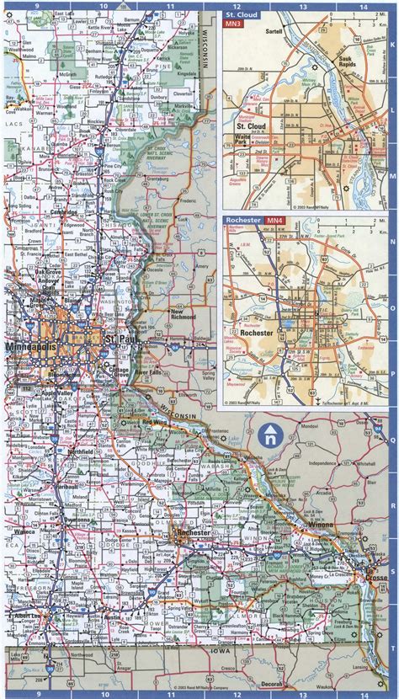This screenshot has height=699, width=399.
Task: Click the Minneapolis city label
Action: [29, 347]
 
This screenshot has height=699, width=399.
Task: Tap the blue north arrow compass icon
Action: [270, 435]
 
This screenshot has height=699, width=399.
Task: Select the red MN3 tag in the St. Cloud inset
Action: [232, 26]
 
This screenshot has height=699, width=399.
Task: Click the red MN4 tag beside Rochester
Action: [274, 221]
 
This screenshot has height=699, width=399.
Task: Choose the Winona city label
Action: [325, 525]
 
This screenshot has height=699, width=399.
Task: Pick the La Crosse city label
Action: [375, 577]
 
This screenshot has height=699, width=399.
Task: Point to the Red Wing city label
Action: [156, 421]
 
